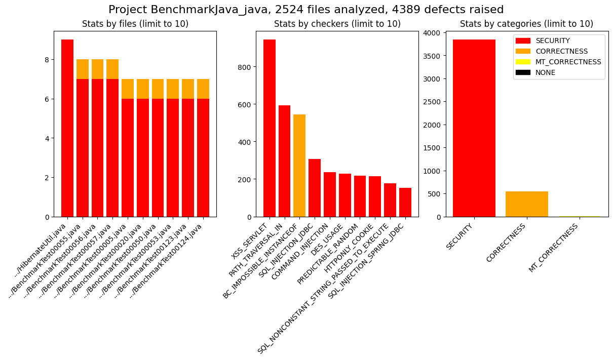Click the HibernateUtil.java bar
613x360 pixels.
(67, 128)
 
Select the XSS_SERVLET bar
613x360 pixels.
(270, 128)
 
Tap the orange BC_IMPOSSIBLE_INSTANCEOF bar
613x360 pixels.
(299, 166)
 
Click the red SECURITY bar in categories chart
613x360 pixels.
(474, 128)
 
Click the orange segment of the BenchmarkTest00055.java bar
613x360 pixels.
(83, 69)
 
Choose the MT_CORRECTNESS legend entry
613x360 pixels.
(568, 62)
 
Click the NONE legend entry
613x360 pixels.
(545, 72)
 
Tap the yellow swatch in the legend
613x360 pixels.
(523, 62)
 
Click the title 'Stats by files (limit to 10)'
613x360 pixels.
(135, 24)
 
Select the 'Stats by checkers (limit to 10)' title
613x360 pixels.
(337, 24)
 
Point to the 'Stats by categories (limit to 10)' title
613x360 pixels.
(526, 24)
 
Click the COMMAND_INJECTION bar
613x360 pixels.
(330, 194)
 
